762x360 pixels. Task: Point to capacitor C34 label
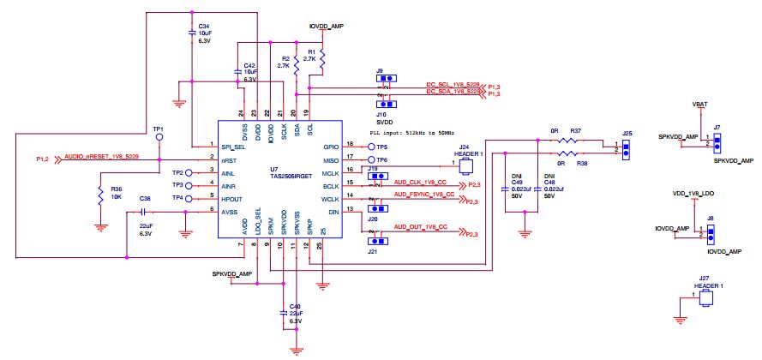tap(203, 26)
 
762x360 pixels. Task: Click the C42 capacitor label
tap(249, 65)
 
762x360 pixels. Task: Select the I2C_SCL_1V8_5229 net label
tap(453, 84)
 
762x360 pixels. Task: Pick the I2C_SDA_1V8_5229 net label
tap(453, 92)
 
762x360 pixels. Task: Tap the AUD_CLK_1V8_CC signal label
tap(420, 183)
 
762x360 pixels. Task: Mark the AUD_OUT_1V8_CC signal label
tap(420, 226)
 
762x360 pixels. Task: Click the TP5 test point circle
tap(372, 147)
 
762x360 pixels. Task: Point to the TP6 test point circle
tap(372, 160)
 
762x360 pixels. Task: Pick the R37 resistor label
tap(576, 130)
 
